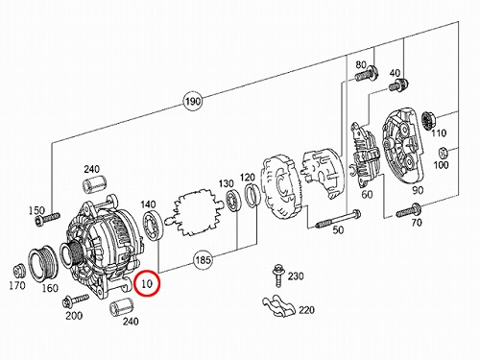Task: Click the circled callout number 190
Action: point(193,101)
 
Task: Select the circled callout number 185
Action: point(203,259)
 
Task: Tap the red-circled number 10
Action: point(147,283)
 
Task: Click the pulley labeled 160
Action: point(43,264)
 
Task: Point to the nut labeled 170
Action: point(19,272)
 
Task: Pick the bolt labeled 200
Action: point(76,300)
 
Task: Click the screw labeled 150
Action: point(47,219)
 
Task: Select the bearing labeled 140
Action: point(153,225)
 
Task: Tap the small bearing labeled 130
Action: point(233,201)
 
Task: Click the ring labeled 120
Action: point(252,196)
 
